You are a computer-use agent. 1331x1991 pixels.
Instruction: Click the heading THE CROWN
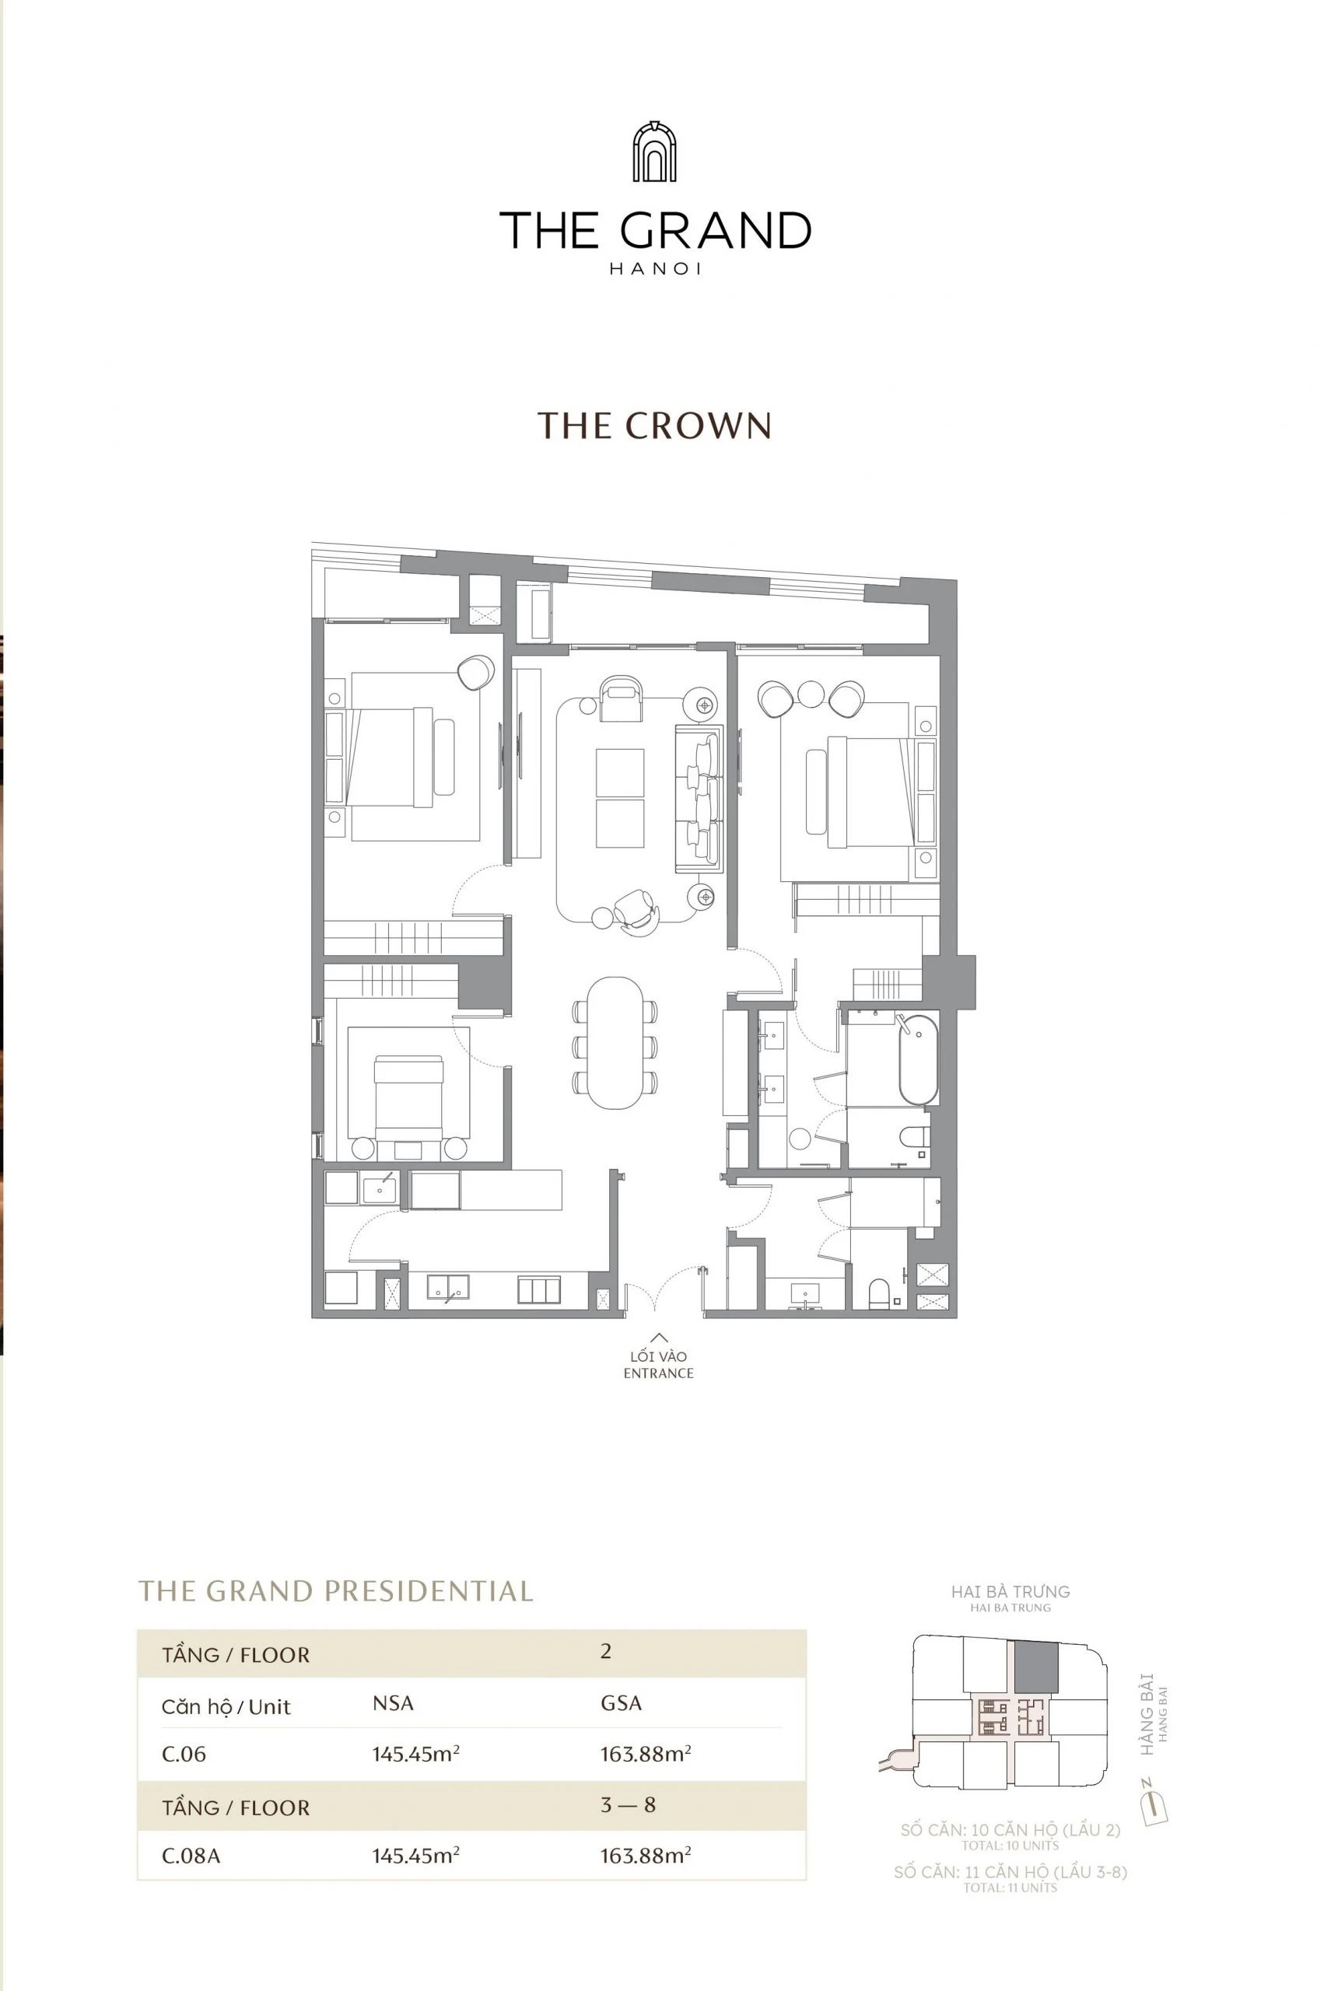[x=654, y=426]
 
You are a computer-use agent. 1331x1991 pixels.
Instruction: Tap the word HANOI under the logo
[x=654, y=269]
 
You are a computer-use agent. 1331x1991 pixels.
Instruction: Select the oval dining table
[x=615, y=1042]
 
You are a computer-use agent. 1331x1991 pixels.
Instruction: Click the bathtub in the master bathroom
[x=919, y=1060]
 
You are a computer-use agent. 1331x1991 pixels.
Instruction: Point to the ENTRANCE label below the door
[x=658, y=1373]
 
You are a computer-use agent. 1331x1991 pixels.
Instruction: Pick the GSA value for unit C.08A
[x=645, y=1855]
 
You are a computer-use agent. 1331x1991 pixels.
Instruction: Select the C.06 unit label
[x=184, y=1755]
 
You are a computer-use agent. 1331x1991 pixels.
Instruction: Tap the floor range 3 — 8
[x=628, y=1804]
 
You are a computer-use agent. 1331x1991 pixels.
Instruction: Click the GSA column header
[x=621, y=1703]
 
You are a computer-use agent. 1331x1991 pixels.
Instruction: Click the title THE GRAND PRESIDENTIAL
[x=335, y=1591]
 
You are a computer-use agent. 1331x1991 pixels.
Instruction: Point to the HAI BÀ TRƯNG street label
[x=1011, y=1592]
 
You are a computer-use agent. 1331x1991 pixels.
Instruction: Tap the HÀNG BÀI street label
[x=1147, y=1713]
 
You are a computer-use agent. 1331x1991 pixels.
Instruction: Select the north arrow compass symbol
[x=1154, y=1807]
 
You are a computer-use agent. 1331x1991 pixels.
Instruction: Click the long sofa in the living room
[x=698, y=798]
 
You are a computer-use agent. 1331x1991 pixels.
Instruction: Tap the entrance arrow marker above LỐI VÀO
[x=658, y=1338]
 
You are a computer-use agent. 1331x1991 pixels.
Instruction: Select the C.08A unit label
[x=191, y=1856]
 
